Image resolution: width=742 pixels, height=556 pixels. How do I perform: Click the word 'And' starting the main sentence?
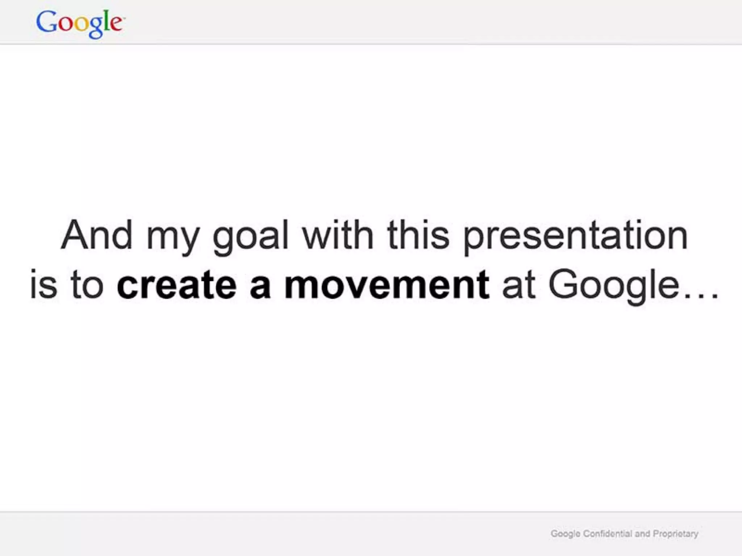click(97, 235)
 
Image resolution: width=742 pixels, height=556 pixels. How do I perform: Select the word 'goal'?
click(251, 237)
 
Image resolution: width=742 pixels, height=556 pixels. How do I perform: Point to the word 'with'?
click(338, 235)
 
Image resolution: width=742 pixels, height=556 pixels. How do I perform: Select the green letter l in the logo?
click(106, 21)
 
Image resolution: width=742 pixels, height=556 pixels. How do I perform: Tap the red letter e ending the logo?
click(116, 24)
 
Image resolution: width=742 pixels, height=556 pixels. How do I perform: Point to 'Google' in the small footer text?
click(565, 534)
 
